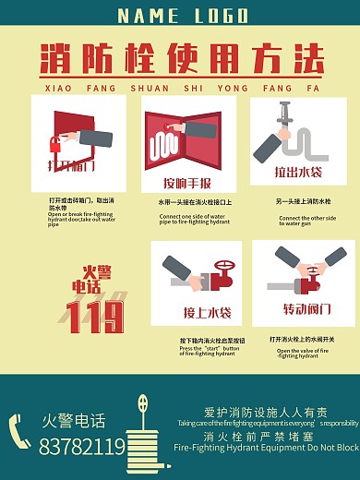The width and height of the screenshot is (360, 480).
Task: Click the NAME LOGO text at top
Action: [183, 16]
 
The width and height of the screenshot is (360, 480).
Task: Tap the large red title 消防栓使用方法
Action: [182, 60]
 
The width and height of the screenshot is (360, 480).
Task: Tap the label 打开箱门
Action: [70, 166]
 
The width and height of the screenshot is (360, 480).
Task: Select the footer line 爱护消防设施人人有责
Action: [265, 413]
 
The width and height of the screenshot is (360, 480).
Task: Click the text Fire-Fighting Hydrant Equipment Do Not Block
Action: [266, 448]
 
